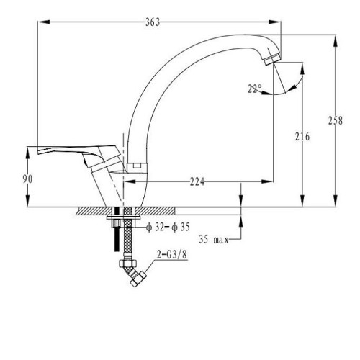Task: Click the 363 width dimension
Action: [153, 22]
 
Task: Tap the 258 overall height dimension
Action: [336, 120]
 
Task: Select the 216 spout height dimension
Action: [302, 137]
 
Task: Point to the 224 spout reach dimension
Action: [197, 181]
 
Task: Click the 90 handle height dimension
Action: [27, 179]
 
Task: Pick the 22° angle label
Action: [255, 89]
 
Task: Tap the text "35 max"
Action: [214, 240]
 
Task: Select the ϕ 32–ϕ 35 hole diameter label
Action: [168, 227]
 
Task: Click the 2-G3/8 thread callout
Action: [172, 255]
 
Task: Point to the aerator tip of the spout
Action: [273, 59]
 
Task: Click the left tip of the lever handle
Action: [38, 152]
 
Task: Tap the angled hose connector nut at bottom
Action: [138, 279]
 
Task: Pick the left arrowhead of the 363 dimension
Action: [43, 22]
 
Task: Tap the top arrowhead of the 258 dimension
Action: [336, 41]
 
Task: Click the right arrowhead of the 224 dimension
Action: [267, 181]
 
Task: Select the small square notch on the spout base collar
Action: [137, 166]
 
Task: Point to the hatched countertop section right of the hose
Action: [155, 211]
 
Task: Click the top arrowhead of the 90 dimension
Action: [27, 153]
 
